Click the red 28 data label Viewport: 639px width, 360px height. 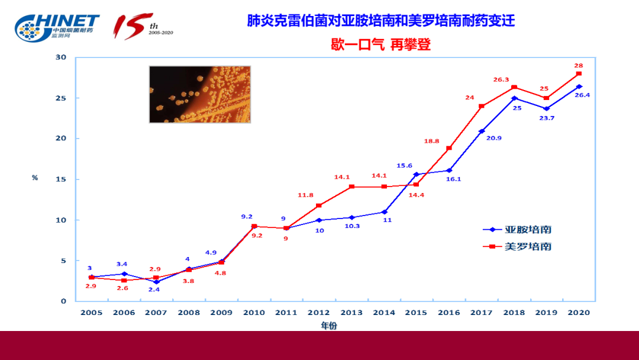tap(579, 65)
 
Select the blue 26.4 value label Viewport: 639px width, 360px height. tap(582, 95)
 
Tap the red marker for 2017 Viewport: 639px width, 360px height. tap(482, 106)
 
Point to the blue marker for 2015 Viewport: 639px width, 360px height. tap(417, 175)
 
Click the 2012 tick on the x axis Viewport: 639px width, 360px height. tap(319, 313)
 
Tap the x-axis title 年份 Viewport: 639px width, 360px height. tap(330, 325)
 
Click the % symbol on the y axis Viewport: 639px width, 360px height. tap(35, 178)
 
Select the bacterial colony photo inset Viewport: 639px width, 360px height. tap(199, 94)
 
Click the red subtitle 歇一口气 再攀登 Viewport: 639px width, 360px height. tap(380, 44)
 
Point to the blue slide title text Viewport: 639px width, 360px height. tap(381, 21)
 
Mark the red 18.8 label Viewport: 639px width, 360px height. tap(431, 141)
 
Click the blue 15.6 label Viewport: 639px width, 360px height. tap(405, 166)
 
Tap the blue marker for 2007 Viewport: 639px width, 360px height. tap(156, 282)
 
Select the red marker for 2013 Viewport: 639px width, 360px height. tap(351, 187)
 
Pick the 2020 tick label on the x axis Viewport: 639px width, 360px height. tap(579, 313)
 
